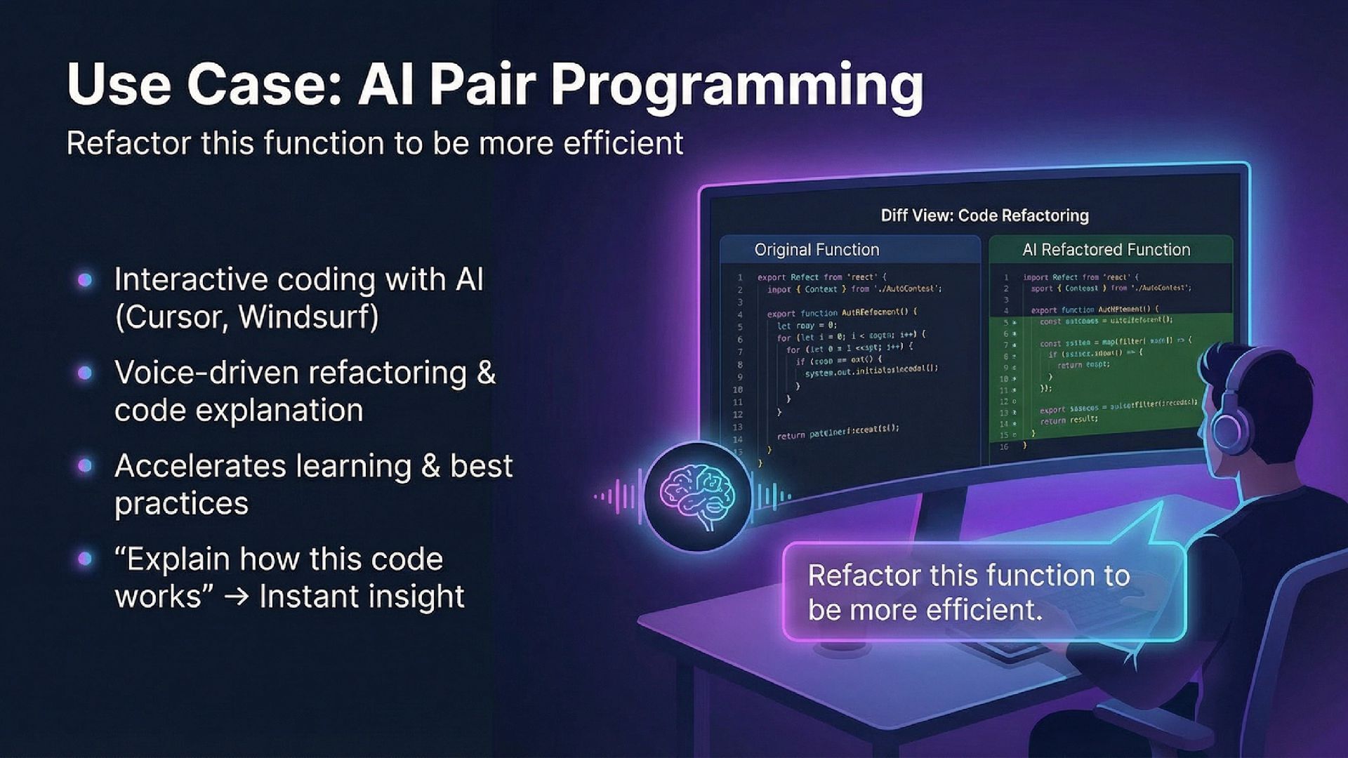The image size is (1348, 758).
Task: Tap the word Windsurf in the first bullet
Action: [308, 317]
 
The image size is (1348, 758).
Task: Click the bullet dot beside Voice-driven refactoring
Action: [85, 373]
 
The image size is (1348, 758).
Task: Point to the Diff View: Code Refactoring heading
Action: [984, 215]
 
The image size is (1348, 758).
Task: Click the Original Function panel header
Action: [817, 250]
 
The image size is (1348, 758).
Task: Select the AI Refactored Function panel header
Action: [1106, 250]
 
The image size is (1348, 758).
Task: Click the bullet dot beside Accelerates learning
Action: [85, 466]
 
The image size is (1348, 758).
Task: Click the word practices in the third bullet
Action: [181, 504]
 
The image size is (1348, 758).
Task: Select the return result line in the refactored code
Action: [1069, 420]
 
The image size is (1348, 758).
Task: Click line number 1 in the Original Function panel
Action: [739, 277]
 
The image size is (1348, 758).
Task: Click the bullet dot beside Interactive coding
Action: [85, 280]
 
